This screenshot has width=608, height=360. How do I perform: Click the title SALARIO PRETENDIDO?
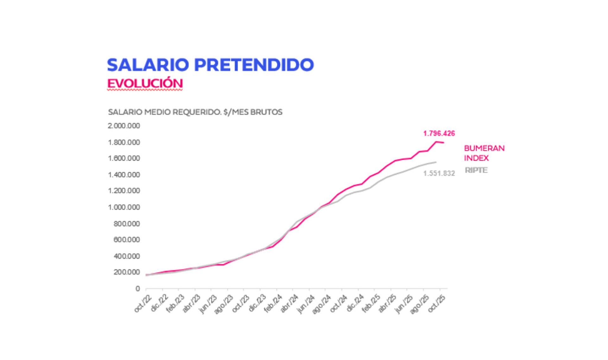click(210, 65)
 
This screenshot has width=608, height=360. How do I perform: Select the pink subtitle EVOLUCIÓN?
click(145, 84)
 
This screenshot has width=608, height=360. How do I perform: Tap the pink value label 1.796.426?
click(439, 133)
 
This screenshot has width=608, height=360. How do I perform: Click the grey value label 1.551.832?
click(439, 173)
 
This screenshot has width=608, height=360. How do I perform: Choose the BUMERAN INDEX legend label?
click(484, 153)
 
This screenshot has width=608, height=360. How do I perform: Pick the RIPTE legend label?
click(476, 170)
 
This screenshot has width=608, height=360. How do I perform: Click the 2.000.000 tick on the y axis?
click(124, 126)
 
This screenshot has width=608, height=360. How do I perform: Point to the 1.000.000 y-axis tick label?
click(124, 207)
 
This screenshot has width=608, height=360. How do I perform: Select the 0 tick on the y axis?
click(137, 289)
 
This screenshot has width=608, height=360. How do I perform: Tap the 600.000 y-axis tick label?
click(126, 240)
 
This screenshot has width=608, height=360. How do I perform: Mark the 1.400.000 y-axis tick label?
click(124, 175)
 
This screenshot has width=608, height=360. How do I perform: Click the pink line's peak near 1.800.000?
click(436, 142)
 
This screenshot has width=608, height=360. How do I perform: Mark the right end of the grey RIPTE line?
click(436, 162)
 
